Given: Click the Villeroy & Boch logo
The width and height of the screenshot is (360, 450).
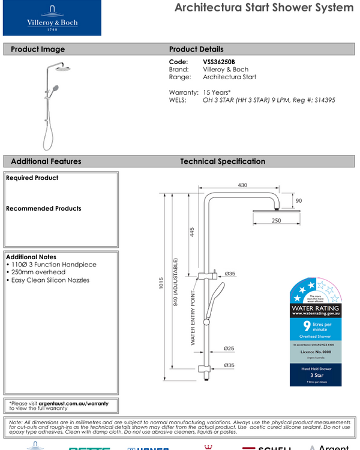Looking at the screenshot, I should point(52,18).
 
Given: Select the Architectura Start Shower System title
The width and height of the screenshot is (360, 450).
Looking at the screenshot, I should point(263,8).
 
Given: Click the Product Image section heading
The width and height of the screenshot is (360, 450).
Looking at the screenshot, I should point(38,49).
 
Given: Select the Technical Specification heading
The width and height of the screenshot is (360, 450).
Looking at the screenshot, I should point(222,161).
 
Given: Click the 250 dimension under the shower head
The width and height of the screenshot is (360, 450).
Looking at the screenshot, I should point(275,221).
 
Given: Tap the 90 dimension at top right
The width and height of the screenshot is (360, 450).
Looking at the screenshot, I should point(298,200).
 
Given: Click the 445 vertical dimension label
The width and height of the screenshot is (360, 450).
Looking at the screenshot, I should point(192,233).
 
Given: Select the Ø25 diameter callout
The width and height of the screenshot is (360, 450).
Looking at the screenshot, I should point(229,348).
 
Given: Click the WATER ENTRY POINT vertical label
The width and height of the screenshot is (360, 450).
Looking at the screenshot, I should point(193,318).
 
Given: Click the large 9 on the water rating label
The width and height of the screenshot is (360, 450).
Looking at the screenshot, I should point(307,326).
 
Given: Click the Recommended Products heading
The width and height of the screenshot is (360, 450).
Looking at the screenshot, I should point(43,209).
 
